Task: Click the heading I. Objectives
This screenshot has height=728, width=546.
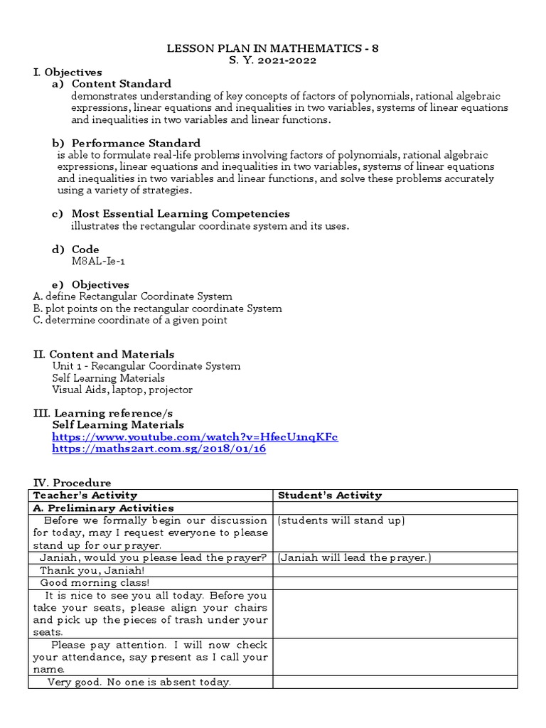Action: (x=68, y=72)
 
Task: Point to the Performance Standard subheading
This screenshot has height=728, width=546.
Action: (x=136, y=143)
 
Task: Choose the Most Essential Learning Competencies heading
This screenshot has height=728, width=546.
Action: (x=180, y=214)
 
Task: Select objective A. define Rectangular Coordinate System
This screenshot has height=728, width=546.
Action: (x=132, y=296)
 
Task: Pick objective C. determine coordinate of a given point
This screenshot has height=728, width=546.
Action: (x=130, y=320)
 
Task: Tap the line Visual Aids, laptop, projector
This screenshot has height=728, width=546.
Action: (x=122, y=390)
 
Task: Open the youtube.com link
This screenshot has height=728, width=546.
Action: (x=196, y=437)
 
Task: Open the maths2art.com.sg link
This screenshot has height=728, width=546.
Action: (x=159, y=449)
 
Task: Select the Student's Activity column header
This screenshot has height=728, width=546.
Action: (x=330, y=495)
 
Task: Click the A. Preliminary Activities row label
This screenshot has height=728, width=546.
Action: (x=103, y=508)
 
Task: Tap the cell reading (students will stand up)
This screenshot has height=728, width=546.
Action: (x=341, y=521)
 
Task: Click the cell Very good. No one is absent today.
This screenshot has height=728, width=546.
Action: (x=139, y=682)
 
